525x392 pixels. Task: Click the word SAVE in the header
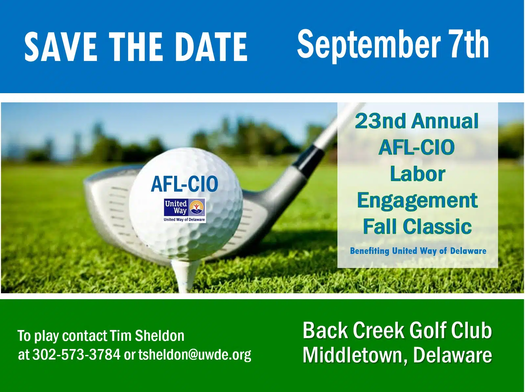point(60,47)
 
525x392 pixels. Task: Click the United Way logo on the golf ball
point(184,210)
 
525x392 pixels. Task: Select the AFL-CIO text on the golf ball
point(184,184)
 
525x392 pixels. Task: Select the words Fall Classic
point(417,226)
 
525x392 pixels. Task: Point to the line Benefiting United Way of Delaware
point(418,251)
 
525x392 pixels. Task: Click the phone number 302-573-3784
point(76,354)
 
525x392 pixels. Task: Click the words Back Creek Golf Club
point(397,331)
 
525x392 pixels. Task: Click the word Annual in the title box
point(445,121)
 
